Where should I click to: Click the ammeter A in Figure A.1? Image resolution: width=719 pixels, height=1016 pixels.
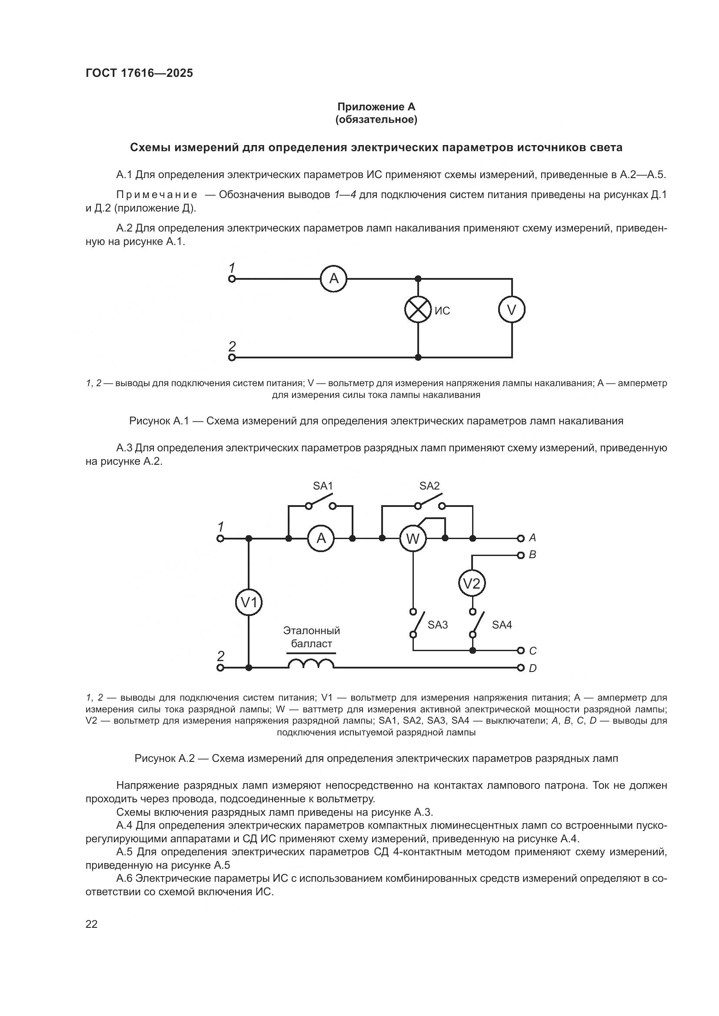(333, 279)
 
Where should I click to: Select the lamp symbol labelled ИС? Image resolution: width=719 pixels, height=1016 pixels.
(418, 309)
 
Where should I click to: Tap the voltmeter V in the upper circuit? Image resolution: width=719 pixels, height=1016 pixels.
(511, 310)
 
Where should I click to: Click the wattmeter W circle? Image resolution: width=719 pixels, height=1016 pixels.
(413, 539)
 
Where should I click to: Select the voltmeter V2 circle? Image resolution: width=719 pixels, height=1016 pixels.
(472, 584)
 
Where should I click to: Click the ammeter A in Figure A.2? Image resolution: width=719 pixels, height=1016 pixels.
(321, 539)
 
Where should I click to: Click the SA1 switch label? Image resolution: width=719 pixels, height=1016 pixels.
(323, 486)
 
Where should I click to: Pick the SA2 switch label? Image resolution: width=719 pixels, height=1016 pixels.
(429, 486)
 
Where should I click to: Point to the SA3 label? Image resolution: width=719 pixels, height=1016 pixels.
(437, 625)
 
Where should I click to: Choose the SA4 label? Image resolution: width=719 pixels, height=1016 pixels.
(502, 625)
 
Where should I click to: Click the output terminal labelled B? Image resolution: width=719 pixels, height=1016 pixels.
(521, 555)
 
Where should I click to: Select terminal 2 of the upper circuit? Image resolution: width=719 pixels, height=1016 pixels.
(232, 357)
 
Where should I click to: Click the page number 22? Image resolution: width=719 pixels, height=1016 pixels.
(92, 924)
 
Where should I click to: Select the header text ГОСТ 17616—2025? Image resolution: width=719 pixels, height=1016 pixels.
(140, 73)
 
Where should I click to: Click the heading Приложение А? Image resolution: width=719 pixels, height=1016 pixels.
(376, 107)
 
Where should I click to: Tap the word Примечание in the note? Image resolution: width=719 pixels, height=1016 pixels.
(157, 195)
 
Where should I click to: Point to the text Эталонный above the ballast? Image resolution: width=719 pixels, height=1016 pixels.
(311, 631)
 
